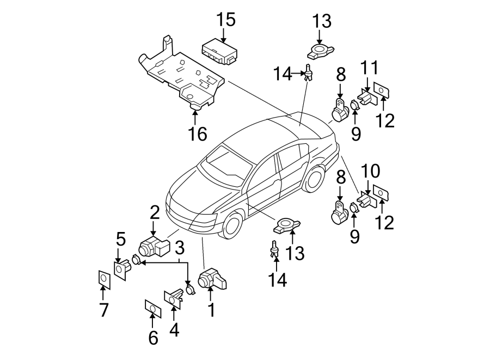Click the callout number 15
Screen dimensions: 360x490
click(x=226, y=20)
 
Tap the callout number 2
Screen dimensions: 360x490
click(x=154, y=212)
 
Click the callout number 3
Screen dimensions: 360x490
click(x=179, y=249)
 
